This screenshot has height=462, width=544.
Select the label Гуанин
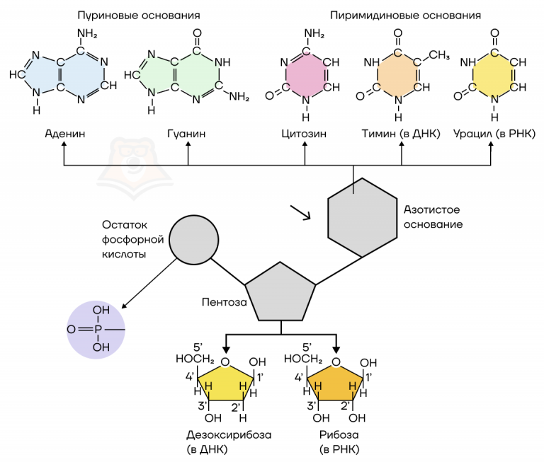tap(187, 132)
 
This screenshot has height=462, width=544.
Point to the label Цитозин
tap(305, 132)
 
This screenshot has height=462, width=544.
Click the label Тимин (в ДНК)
tap(402, 132)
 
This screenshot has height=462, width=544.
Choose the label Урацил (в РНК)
tap(494, 132)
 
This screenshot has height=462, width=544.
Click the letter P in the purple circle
tap(98, 329)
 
